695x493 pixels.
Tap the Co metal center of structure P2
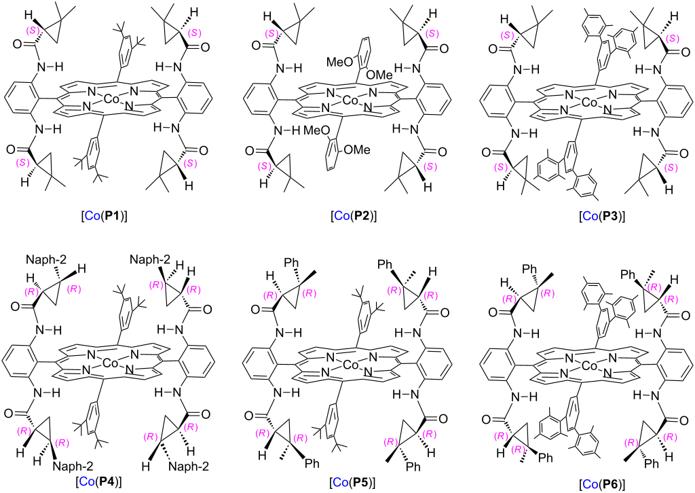click(x=351, y=101)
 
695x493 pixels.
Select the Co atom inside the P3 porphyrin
click(x=589, y=103)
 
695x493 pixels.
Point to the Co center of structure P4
click(x=109, y=363)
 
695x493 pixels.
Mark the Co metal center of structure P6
click(x=589, y=365)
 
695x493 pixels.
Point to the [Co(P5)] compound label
click(x=352, y=482)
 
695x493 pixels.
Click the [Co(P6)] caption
click(x=602, y=483)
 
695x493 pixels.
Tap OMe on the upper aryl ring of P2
click(x=379, y=75)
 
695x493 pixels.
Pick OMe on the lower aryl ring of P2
click(x=357, y=150)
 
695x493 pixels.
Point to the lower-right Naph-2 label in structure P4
click(x=189, y=466)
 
